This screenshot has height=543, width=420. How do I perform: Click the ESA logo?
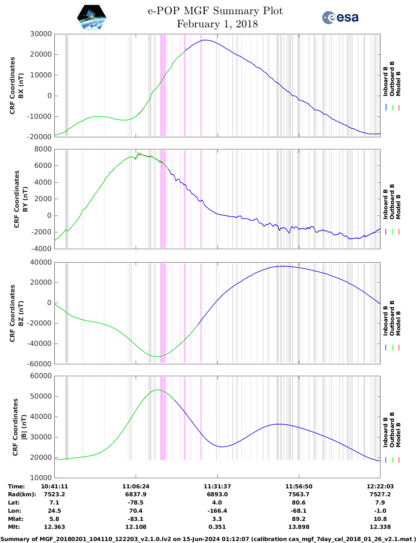tap(340, 17)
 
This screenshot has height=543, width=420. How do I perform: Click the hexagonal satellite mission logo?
tap(92, 17)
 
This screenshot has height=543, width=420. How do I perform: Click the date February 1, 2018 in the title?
tap(217, 24)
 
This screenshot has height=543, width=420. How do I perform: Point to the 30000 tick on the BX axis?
tap(41, 34)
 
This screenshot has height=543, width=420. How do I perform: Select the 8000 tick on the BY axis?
tap(43, 149)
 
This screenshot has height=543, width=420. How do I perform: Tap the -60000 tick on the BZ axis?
tap(40, 364)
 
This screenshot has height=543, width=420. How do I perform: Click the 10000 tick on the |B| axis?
tap(41, 478)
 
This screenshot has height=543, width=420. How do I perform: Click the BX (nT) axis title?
tap(21, 86)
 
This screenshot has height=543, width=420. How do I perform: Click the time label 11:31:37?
tap(217, 486)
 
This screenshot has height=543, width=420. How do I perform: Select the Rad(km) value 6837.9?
tap(136, 494)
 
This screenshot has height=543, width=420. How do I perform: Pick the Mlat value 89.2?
tap(299, 519)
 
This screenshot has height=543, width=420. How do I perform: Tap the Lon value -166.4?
tap(217, 511)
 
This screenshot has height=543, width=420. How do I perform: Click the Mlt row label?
tap(14, 527)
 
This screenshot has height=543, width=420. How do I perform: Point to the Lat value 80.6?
tap(299, 503)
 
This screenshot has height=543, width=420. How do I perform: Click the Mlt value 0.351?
tap(217, 527)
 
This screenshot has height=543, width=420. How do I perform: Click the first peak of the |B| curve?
tap(158, 390)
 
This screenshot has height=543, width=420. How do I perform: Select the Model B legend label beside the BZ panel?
tap(398, 323)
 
